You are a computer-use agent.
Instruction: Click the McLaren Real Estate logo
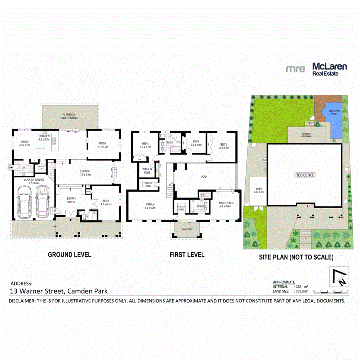coord(316,69)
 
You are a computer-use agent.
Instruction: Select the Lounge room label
coord(85,172)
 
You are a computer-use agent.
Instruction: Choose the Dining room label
coord(24,143)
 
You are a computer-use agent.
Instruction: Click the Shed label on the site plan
coord(258,190)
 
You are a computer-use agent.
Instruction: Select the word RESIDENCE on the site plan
coord(305,175)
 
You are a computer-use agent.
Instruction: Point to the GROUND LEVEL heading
coord(69,255)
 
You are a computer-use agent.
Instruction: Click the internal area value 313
coord(299,287)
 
